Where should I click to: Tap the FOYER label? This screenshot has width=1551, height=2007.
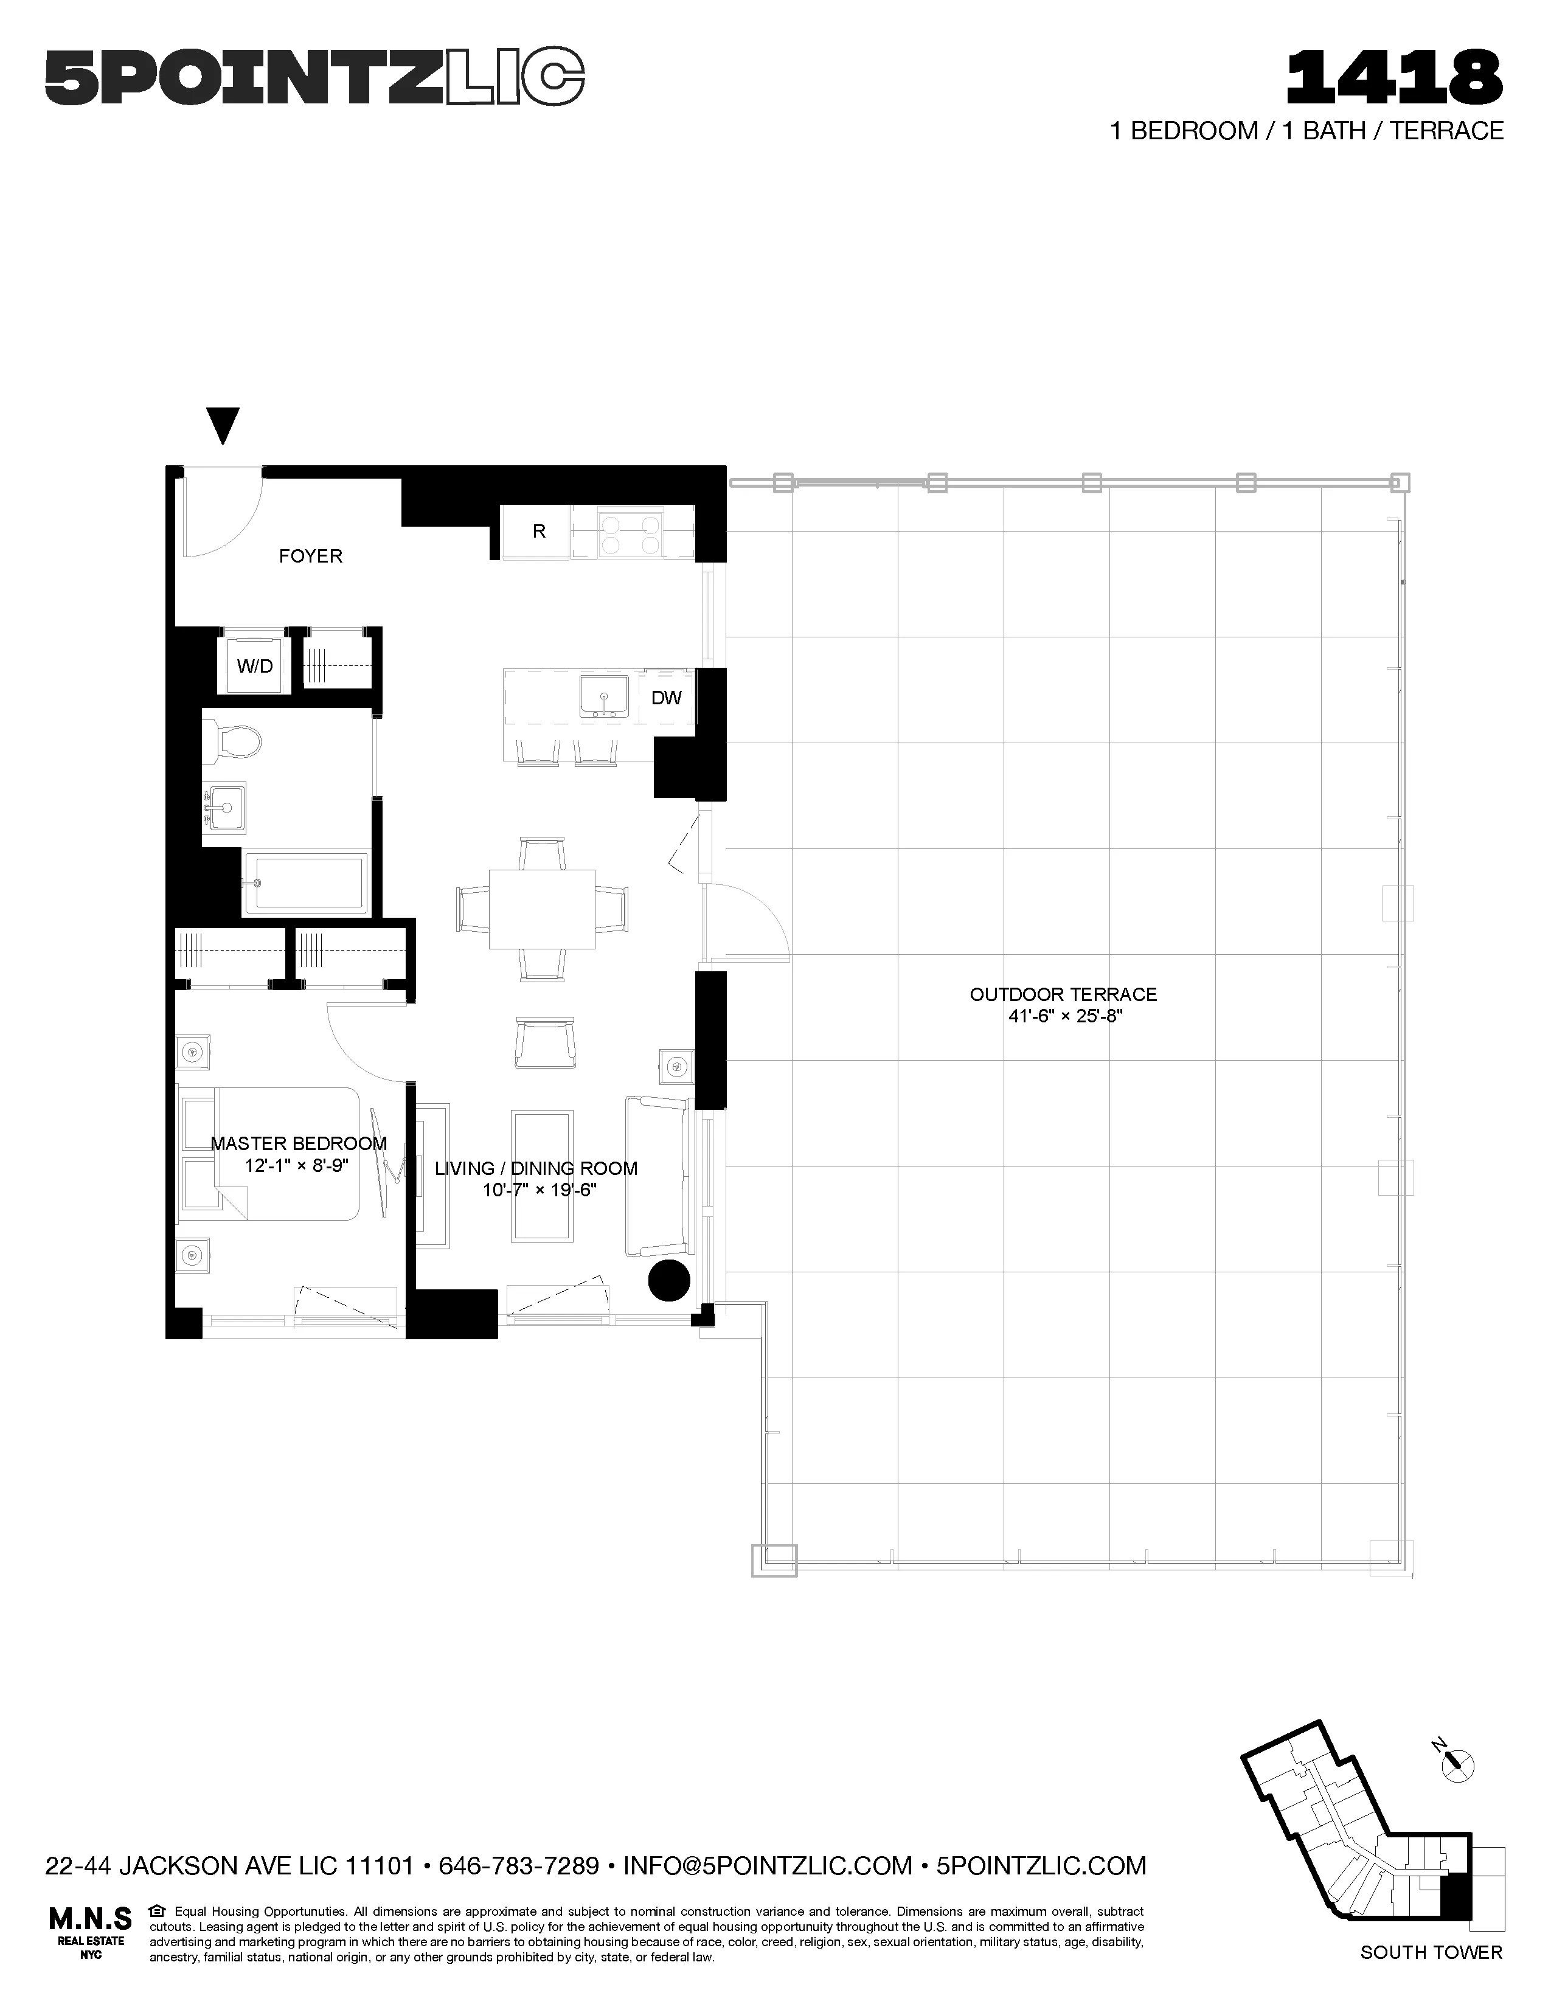point(311,556)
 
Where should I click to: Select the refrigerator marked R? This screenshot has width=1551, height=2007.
point(538,531)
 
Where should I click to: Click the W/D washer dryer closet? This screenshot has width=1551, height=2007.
point(254,665)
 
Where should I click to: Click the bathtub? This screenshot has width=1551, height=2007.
point(305,883)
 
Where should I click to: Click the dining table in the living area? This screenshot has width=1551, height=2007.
point(542,909)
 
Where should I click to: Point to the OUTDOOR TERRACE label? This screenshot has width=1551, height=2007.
point(1063,994)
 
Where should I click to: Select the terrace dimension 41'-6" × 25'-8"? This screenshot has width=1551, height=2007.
point(1063,1017)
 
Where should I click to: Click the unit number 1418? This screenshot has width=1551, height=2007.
point(1394,77)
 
